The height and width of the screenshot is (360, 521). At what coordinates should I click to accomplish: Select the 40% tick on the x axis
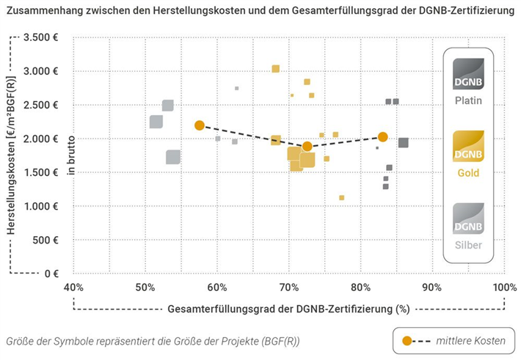click(x=73, y=287)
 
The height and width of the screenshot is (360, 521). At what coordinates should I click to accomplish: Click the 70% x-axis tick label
click(x=289, y=287)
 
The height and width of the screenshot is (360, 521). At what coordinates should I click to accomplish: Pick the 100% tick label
click(x=504, y=287)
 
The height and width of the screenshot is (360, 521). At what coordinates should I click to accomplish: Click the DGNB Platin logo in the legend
click(x=468, y=76)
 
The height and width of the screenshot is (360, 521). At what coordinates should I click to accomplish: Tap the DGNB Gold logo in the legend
click(x=468, y=146)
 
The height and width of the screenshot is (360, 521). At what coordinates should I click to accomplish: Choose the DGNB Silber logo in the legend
click(x=468, y=218)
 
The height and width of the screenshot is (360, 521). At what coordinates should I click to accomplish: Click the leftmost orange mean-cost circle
click(x=200, y=125)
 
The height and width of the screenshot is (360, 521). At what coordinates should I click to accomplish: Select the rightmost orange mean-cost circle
click(x=383, y=136)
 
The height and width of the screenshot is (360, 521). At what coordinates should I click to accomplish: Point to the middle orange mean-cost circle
click(x=307, y=147)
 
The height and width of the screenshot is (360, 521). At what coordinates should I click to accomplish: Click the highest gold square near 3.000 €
click(x=276, y=69)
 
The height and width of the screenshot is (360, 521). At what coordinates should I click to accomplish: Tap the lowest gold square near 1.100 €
click(x=342, y=197)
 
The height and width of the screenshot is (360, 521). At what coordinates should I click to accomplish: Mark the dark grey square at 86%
click(x=404, y=143)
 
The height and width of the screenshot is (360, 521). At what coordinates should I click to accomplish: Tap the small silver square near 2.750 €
click(x=237, y=88)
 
